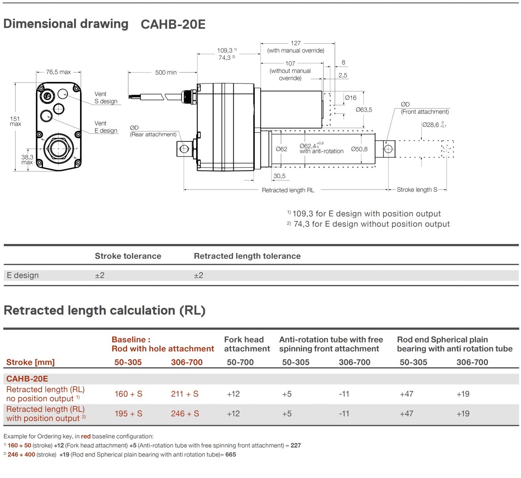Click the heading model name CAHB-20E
pos(173,24)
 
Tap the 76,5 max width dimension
pos(58,72)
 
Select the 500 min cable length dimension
pos(166,73)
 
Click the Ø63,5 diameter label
pos(364,110)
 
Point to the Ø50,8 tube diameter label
pos(359,149)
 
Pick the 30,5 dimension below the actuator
pos(279,176)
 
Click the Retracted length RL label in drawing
pos(288,190)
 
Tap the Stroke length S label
pos(417,190)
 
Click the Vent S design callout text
pos(106,98)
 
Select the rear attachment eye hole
pos(184,149)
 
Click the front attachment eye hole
pos(388,149)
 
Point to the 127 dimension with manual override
pos(296,43)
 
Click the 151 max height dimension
pos(15,121)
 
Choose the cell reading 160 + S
pos(128,394)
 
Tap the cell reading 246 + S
pos(185,413)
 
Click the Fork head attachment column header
pos(247,344)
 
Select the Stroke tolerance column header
pos(128,256)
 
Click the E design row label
pos(23,275)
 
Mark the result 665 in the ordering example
pos(231,454)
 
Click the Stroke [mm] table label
pos(30,362)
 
